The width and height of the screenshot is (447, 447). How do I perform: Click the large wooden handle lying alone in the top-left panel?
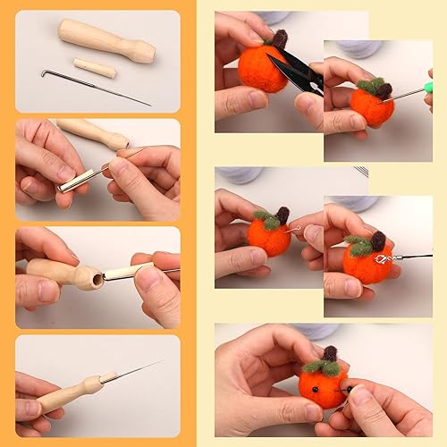105,40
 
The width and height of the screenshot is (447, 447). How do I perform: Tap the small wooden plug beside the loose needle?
95,67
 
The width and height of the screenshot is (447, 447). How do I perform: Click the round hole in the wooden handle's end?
89,278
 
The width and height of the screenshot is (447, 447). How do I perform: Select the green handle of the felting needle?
428,87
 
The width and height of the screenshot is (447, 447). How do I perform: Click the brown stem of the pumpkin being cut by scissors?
280,38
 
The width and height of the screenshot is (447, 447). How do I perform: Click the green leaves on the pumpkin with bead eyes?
322,367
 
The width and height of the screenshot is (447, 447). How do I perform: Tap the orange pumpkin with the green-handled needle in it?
371,105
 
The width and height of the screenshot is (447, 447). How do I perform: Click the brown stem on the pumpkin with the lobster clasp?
379,240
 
